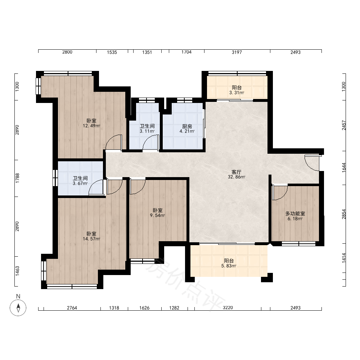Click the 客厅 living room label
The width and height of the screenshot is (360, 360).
(x=236, y=172)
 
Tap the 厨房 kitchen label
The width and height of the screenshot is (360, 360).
(x=187, y=126)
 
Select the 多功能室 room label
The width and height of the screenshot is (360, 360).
(x=295, y=213)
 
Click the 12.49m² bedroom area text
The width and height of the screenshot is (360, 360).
(x=91, y=126)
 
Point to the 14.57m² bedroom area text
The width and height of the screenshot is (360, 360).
(x=91, y=239)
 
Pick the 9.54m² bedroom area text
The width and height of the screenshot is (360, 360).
(x=158, y=215)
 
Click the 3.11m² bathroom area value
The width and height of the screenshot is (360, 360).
(x=147, y=131)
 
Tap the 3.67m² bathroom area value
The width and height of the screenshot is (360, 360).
(x=80, y=184)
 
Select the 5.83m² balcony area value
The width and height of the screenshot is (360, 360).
(x=229, y=266)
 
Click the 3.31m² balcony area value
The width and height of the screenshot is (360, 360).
(x=237, y=93)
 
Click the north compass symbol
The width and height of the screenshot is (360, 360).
(x=18, y=308)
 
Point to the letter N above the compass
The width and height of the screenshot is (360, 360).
(x=18, y=296)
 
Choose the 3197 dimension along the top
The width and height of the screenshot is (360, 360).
(x=237, y=52)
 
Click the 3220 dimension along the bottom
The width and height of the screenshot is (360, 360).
(x=228, y=307)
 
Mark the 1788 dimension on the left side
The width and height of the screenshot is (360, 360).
(x=17, y=178)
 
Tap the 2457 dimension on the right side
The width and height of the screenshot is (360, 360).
(x=344, y=125)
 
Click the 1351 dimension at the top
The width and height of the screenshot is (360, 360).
(x=147, y=52)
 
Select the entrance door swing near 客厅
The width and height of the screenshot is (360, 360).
(x=312, y=163)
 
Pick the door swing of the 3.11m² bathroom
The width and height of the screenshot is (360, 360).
(x=151, y=143)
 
